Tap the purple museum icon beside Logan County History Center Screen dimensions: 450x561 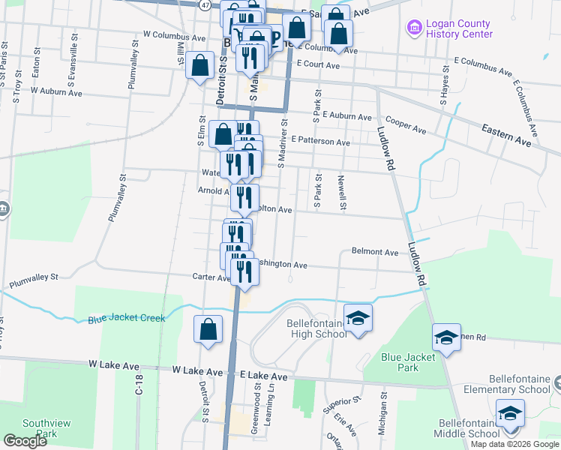412,29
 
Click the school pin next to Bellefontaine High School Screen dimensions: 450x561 358,317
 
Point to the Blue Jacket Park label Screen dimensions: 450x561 408,362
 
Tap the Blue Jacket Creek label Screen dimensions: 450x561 126,318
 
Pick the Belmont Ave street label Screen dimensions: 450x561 375,253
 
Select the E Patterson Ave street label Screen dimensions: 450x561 321,141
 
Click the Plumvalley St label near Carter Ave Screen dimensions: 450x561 34,281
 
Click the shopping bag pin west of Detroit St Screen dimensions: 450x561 200,64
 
